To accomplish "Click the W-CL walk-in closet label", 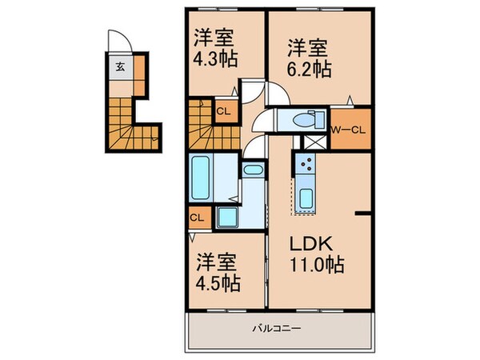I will (350, 127).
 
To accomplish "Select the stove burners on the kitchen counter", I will (305, 166).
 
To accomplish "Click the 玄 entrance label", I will (119, 66).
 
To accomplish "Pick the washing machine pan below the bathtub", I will (228, 216).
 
